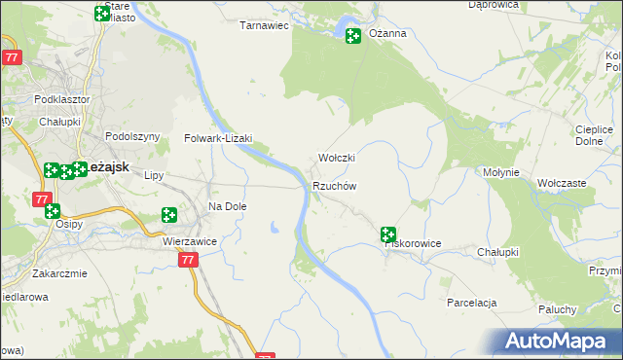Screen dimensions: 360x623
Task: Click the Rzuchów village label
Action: (x=335, y=186)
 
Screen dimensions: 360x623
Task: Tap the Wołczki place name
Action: (x=337, y=158)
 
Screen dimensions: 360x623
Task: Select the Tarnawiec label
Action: (x=265, y=26)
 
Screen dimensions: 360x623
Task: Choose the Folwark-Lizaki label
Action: (x=218, y=139)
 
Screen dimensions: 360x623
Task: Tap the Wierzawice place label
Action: (x=189, y=240)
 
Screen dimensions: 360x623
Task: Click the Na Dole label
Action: (x=228, y=206)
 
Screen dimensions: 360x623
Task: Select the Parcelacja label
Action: (x=472, y=303)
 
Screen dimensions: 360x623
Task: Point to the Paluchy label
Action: (x=559, y=309)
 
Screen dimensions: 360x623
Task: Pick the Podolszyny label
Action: (x=131, y=137)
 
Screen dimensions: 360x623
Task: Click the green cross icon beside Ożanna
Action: (x=352, y=36)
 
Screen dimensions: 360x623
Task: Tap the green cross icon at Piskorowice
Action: (x=388, y=234)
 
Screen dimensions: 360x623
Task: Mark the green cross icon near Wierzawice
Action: (x=169, y=214)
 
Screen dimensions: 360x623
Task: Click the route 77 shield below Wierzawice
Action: (x=189, y=260)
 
